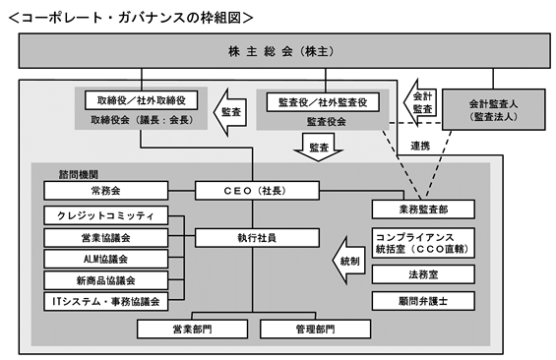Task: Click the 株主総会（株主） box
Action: [x=284, y=51]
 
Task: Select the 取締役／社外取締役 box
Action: [x=141, y=100]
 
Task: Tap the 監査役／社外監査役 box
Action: [x=323, y=102]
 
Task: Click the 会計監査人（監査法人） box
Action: [x=493, y=109]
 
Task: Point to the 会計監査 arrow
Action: [x=419, y=102]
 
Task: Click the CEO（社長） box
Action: [x=257, y=191]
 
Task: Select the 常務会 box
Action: [x=105, y=191]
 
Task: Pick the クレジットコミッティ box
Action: [x=105, y=215]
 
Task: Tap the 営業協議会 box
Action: [x=105, y=237]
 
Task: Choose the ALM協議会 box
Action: [x=105, y=259]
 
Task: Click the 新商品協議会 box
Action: [x=105, y=280]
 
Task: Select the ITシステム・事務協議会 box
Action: [x=105, y=302]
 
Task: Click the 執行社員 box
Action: [x=257, y=237]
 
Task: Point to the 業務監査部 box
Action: [x=423, y=210]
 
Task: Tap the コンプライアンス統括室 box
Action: [x=423, y=243]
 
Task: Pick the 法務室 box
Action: [x=423, y=274]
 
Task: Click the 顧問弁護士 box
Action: [x=423, y=301]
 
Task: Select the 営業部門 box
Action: [x=192, y=330]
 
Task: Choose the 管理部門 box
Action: [x=315, y=330]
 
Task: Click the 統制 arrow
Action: [x=349, y=261]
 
